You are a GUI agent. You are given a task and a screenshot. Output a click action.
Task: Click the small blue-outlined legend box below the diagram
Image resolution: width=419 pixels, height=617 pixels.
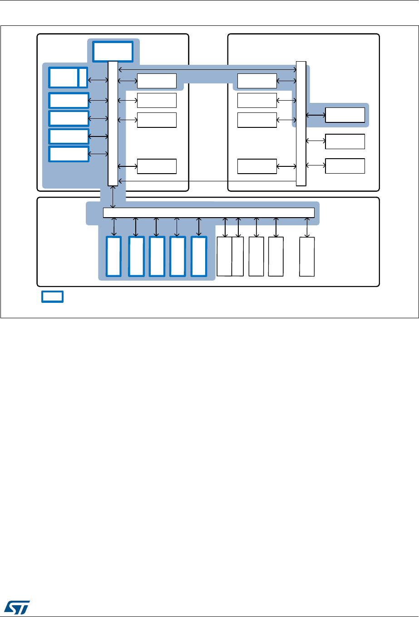tap(52, 297)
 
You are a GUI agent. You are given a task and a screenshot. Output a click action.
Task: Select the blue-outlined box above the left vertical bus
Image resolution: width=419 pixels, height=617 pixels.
tap(113, 51)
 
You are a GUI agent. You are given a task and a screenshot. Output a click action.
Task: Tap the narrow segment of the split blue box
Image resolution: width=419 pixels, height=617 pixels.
tap(83, 78)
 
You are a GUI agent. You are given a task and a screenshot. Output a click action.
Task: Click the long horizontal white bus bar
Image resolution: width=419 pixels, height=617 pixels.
tap(209, 212)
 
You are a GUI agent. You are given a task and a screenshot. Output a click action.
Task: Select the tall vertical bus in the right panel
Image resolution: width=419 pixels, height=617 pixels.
tap(301, 123)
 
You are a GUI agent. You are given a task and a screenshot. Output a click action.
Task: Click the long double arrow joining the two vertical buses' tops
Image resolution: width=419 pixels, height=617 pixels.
tap(207, 69)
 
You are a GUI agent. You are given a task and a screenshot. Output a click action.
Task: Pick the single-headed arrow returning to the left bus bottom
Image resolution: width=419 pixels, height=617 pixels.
tap(207, 181)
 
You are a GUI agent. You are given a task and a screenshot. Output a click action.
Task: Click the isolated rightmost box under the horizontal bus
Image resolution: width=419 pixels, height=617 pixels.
tap(307, 257)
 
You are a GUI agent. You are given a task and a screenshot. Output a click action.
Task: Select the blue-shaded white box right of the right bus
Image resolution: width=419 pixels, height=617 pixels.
tap(345, 115)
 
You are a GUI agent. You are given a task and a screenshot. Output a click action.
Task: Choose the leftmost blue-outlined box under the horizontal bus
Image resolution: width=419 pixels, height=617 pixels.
tap(113, 257)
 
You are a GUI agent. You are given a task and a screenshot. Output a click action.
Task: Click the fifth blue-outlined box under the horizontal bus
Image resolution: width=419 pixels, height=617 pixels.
tap(199, 257)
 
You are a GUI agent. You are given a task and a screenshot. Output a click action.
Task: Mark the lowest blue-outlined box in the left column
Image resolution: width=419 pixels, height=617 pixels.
tap(69, 154)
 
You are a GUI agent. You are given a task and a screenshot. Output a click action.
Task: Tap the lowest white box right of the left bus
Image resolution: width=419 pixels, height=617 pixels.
tap(157, 166)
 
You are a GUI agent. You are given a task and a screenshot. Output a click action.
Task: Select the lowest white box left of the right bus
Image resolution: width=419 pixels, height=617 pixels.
tap(257, 166)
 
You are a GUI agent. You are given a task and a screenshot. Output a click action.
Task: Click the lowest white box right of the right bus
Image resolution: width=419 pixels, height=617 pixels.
tap(345, 166)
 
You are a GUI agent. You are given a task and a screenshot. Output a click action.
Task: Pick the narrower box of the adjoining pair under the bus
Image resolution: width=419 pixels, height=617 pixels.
tap(237, 256)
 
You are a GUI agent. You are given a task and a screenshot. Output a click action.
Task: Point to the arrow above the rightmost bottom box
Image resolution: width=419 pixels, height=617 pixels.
tap(307, 227)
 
